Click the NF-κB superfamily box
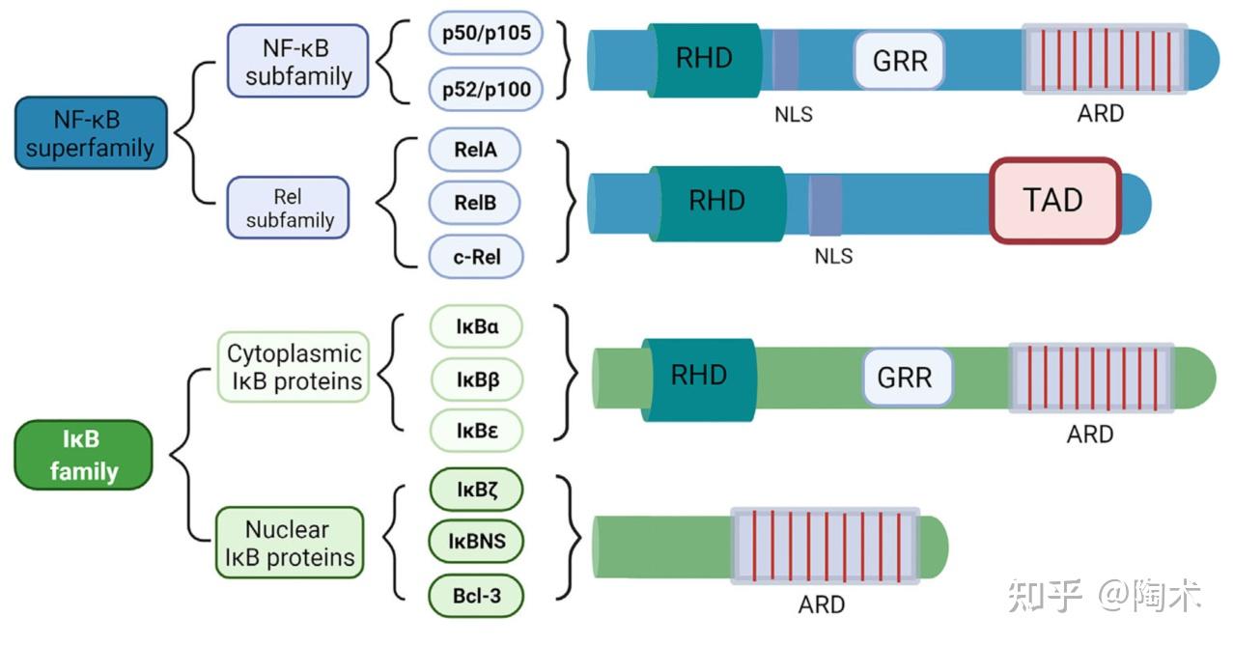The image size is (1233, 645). [x=92, y=133]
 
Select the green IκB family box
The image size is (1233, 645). [x=85, y=456]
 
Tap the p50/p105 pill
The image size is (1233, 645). [x=486, y=35]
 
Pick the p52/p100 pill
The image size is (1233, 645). [x=486, y=90]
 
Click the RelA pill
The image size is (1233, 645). [x=474, y=150]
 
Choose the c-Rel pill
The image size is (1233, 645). [x=474, y=258]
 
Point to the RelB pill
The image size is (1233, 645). [x=474, y=204]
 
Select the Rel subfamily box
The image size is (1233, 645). [x=288, y=208]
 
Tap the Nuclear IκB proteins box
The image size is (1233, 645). [x=289, y=543]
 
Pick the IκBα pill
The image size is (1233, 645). [x=477, y=327]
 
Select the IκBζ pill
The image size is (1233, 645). [x=477, y=490]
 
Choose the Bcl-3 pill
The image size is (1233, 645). [x=477, y=596]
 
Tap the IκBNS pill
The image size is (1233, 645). [x=477, y=542]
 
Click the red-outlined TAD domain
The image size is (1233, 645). [x=1054, y=200]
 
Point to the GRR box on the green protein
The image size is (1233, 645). [x=905, y=377]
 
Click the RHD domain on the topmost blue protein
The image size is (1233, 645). [x=703, y=58]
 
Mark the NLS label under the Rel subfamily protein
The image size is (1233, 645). [x=833, y=257]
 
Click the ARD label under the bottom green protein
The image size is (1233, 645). [x=822, y=604]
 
